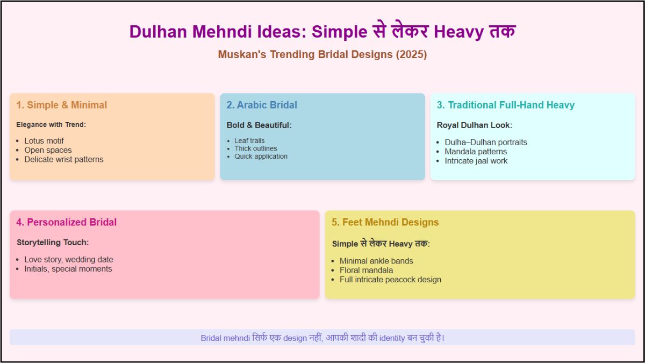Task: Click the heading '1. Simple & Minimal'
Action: [61, 105]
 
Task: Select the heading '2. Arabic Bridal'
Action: [261, 105]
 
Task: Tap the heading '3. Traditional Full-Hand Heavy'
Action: [505, 105]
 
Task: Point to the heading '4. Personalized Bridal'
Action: [66, 223]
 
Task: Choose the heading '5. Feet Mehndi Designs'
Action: [385, 223]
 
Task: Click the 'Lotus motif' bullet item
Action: [44, 141]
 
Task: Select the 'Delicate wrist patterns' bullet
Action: [63, 159]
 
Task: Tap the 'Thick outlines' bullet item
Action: [256, 148]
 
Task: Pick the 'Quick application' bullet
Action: [261, 156]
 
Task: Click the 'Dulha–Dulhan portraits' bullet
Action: [486, 143]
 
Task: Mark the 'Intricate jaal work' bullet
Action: [476, 161]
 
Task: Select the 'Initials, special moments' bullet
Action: [68, 269]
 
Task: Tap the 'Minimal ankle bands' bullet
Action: [376, 261]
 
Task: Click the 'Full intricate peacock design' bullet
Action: [390, 280]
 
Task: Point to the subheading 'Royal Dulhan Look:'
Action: [474, 125]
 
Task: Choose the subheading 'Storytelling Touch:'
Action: [53, 243]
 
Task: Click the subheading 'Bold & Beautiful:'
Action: [259, 125]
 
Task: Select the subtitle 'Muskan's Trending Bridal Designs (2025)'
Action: [322, 55]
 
